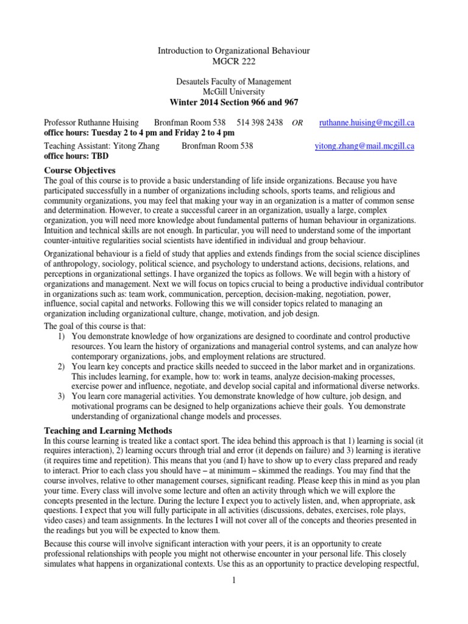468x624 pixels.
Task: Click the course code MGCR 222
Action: (x=234, y=62)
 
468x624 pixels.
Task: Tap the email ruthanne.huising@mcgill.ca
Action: (x=367, y=122)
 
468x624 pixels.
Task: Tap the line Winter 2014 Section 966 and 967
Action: (x=234, y=102)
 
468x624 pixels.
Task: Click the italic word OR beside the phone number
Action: (x=297, y=123)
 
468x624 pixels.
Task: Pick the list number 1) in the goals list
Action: (x=62, y=336)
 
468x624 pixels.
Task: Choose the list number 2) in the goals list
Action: (x=62, y=366)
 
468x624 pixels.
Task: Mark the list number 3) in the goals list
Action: (x=62, y=395)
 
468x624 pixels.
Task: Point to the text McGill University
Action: (x=234, y=91)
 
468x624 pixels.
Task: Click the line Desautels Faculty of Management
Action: (x=234, y=82)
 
